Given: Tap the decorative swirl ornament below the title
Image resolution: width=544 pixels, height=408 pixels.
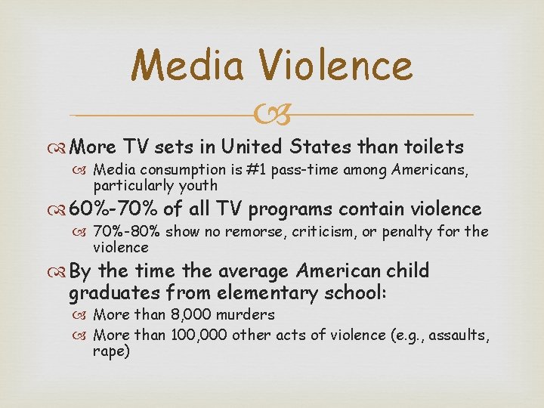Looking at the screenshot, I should [271, 115].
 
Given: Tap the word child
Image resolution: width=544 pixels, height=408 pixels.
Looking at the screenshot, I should [407, 270].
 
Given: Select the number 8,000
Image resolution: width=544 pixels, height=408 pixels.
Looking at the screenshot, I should [175, 314].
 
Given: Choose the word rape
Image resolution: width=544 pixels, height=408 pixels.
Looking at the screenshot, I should [111, 351].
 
